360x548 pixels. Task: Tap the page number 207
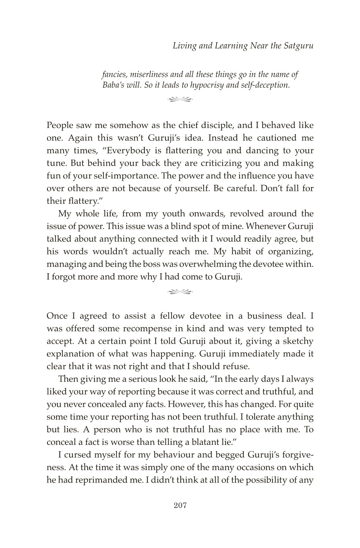coord(180,506)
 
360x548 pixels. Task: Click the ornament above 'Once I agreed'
coord(180,290)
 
